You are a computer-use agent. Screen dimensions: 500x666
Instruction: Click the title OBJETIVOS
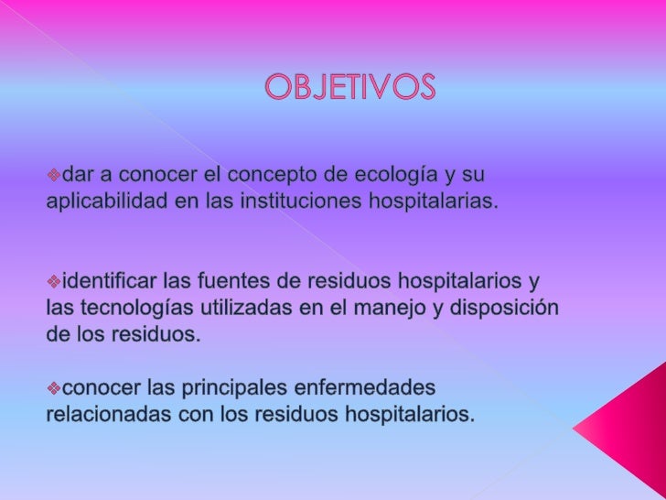click(x=351, y=89)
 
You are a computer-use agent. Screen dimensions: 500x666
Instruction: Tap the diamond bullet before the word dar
click(x=53, y=175)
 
